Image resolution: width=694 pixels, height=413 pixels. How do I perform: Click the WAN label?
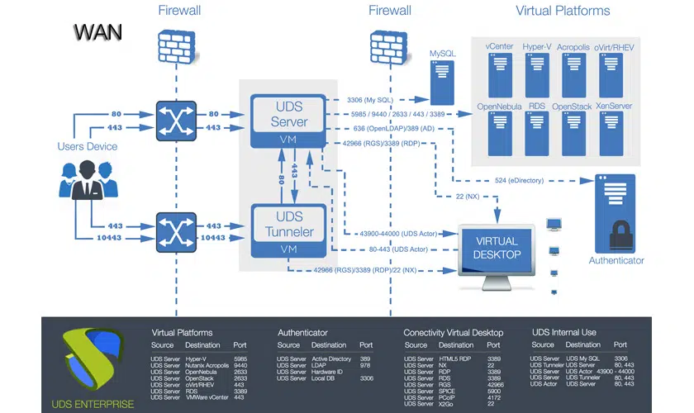point(97,32)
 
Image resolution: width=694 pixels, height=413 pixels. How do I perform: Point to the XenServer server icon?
point(615,131)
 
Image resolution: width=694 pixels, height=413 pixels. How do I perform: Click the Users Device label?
point(87,146)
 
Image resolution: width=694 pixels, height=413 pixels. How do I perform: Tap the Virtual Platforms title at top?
point(562,11)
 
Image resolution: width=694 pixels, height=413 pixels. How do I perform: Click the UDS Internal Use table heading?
point(563,332)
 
